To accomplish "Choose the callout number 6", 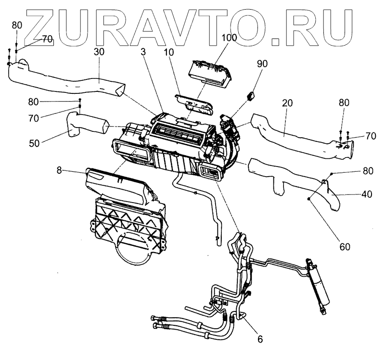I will point(260,339).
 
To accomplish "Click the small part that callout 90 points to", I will point(251,96).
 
